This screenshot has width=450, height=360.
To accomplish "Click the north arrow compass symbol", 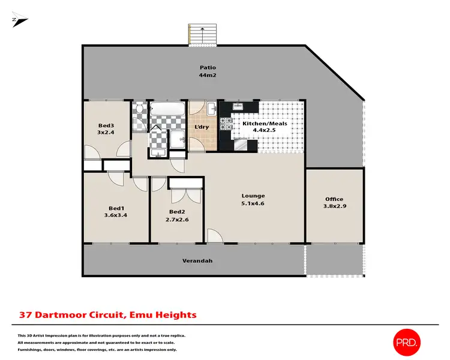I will point(19,20).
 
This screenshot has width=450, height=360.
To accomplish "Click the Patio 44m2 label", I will point(208,72).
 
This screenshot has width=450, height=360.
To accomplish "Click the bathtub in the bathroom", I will point(166,110).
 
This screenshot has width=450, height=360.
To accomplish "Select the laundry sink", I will point(212,109).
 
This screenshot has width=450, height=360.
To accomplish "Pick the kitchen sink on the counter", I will point(238,107).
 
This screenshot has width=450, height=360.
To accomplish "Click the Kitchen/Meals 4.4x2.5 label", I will point(268,128).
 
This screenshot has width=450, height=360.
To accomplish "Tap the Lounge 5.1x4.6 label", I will point(253,199).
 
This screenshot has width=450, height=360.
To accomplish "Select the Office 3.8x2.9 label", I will point(334,203).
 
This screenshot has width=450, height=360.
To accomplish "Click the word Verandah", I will point(197,261).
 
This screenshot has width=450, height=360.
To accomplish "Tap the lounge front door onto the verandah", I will point(214,236).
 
